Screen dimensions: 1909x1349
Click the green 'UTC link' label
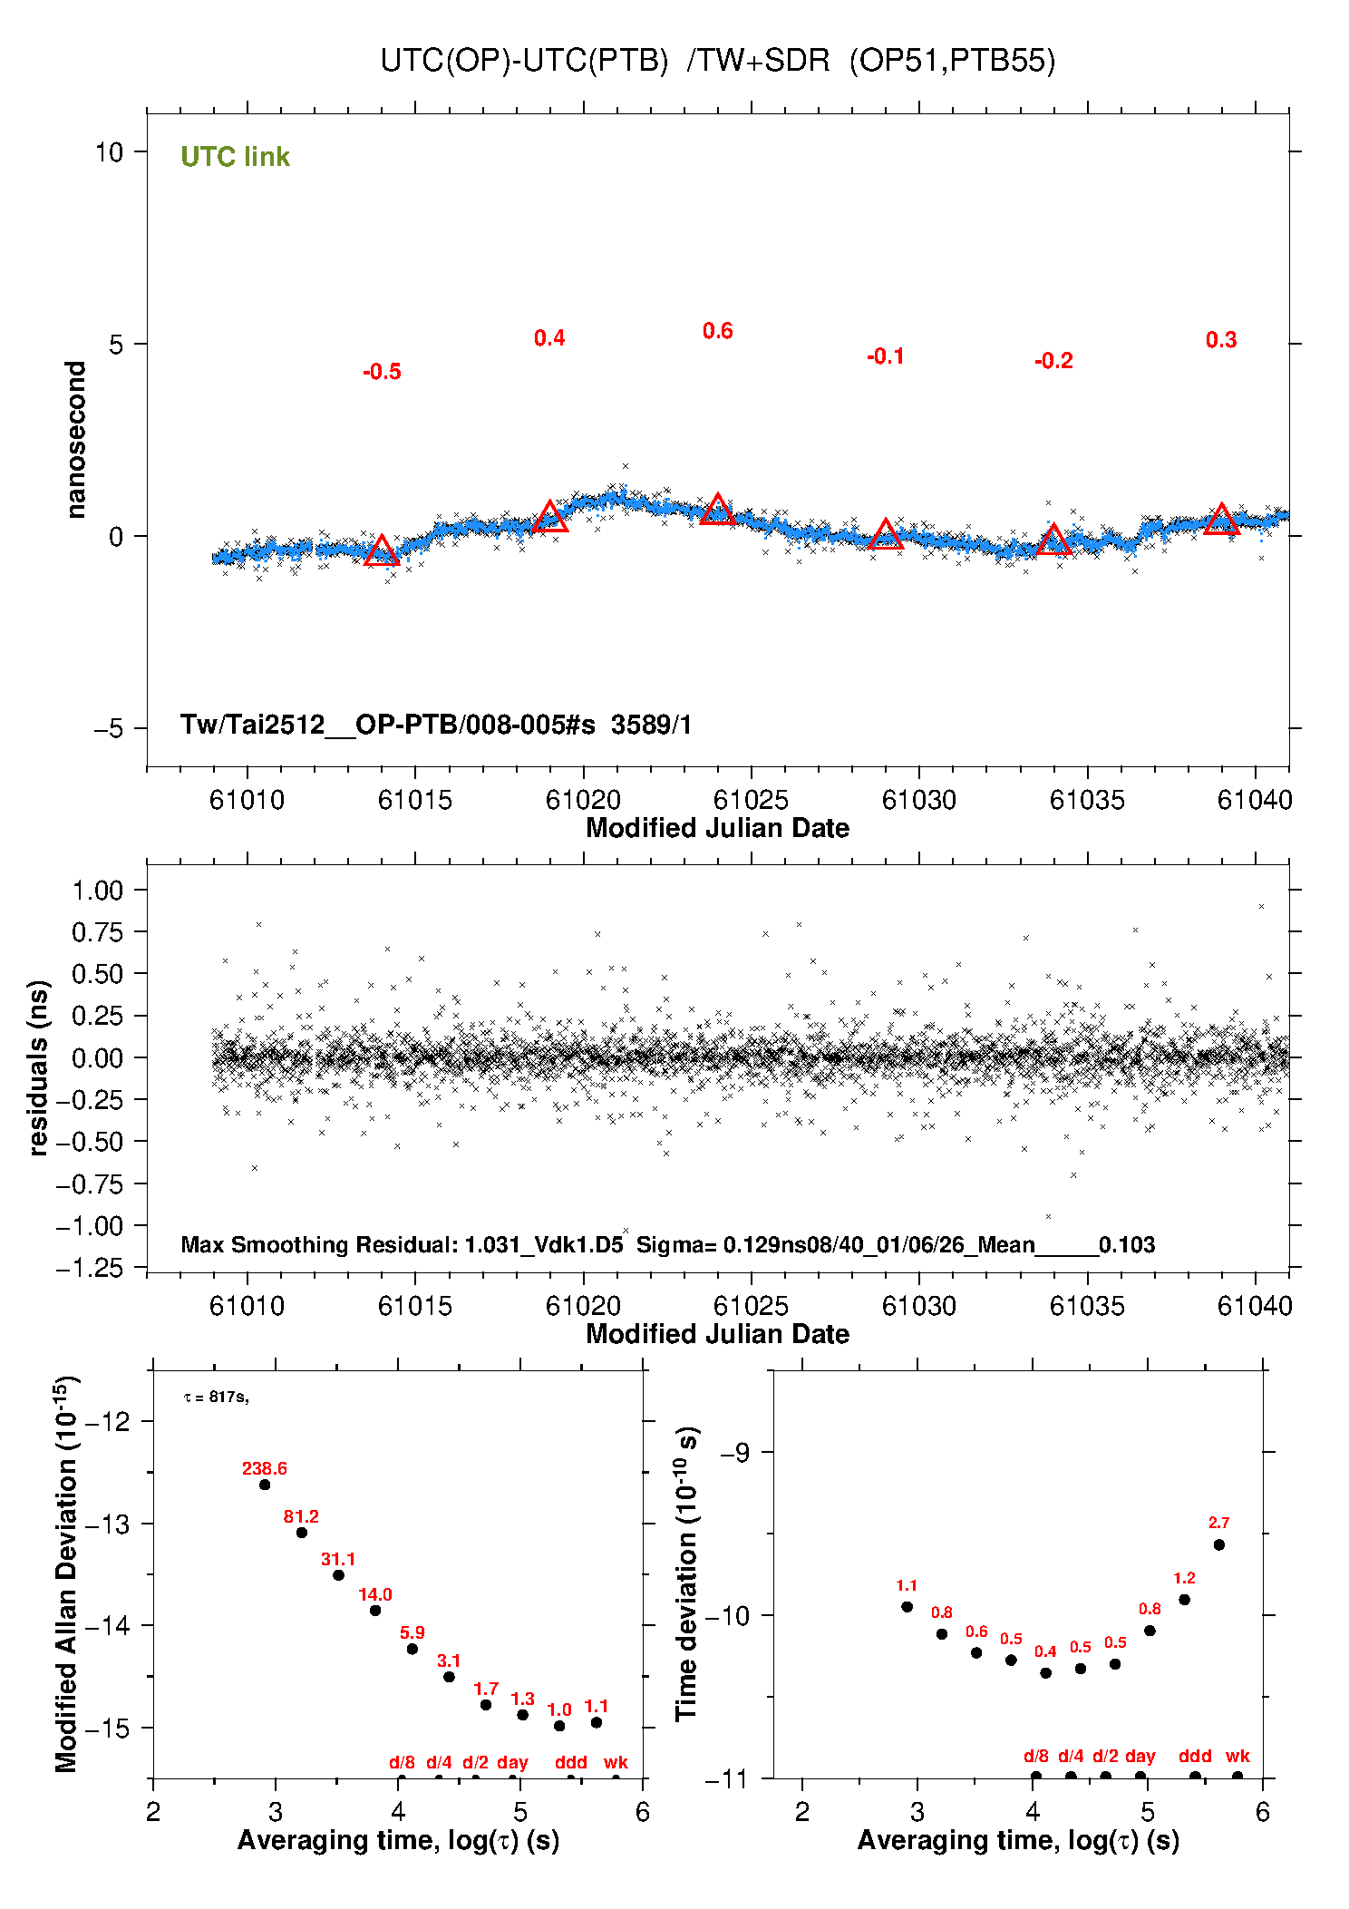coord(235,157)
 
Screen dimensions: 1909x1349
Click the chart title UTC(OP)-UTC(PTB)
coord(524,61)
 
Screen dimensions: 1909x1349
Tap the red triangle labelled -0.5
coord(382,551)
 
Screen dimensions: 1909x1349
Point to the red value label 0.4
coord(549,338)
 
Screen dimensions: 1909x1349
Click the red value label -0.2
coord(1053,361)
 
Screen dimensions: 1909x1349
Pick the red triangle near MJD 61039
coord(1221,521)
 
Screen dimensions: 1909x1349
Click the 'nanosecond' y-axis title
coord(76,440)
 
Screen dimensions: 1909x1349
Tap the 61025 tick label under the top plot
coord(751,800)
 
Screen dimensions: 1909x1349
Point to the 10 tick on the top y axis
coord(109,152)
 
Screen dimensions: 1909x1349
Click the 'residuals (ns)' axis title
coord(38,1067)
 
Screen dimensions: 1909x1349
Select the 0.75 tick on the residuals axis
coord(97,932)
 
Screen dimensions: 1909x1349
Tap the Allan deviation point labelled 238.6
coord(265,1485)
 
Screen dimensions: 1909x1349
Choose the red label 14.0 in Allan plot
coord(375,1594)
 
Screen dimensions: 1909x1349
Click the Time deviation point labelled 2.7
coord(1219,1544)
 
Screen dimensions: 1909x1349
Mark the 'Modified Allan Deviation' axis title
coord(66,1574)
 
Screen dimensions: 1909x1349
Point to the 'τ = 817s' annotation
coord(216,1398)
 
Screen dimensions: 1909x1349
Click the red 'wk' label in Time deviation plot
coord(1237,1756)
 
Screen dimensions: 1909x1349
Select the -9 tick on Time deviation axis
coord(734,1452)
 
